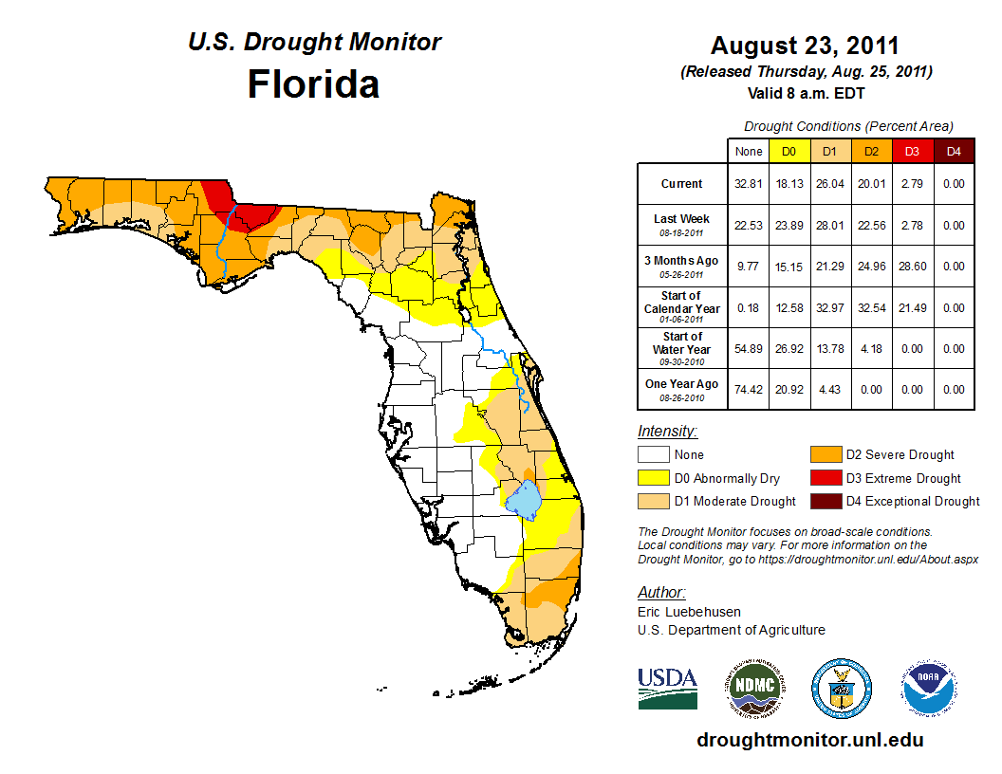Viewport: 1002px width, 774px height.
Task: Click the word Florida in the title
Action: [x=313, y=84]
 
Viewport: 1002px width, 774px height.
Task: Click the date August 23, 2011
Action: [x=805, y=46]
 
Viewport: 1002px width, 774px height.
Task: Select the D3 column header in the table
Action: [x=911, y=151]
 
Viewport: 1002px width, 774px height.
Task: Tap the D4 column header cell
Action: [x=953, y=151]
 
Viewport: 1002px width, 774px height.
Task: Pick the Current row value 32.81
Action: [x=749, y=184]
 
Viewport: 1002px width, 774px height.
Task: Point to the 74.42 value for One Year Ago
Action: [x=749, y=390]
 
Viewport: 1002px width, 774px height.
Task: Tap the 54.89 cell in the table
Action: [x=749, y=349]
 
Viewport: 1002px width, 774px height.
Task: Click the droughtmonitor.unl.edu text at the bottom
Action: [x=809, y=740]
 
